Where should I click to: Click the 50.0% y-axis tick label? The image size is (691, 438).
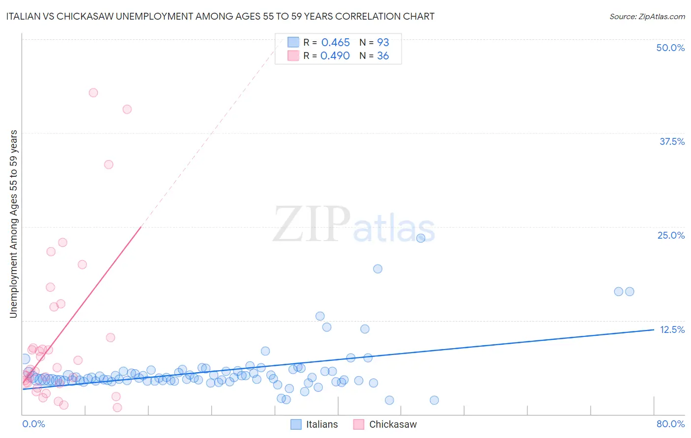click(x=670, y=48)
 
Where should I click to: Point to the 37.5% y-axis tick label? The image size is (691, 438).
click(x=671, y=141)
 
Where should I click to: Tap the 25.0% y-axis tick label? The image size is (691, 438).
click(x=670, y=235)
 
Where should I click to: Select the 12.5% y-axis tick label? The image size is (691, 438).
click(x=671, y=329)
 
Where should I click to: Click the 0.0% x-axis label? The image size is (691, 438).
click(x=33, y=424)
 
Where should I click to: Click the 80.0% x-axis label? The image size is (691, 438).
click(x=670, y=424)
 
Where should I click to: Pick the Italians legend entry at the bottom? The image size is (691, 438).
click(x=315, y=424)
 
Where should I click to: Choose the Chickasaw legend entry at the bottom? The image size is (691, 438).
click(x=385, y=424)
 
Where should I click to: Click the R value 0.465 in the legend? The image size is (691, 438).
click(x=335, y=43)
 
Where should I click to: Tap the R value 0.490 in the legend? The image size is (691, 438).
click(x=335, y=56)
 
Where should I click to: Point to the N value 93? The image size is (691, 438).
click(x=383, y=43)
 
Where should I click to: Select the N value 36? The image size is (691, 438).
click(x=382, y=56)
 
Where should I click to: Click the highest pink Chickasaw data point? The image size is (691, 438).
click(x=93, y=93)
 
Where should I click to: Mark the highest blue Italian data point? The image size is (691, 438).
click(x=421, y=238)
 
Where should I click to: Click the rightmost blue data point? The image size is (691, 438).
click(x=630, y=292)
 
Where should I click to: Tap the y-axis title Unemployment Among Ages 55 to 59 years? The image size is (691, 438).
click(x=13, y=224)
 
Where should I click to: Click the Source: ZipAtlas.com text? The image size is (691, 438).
click(x=647, y=17)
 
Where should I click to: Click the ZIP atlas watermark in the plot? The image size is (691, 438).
click(x=353, y=225)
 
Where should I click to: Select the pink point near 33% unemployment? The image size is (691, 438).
click(x=109, y=164)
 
